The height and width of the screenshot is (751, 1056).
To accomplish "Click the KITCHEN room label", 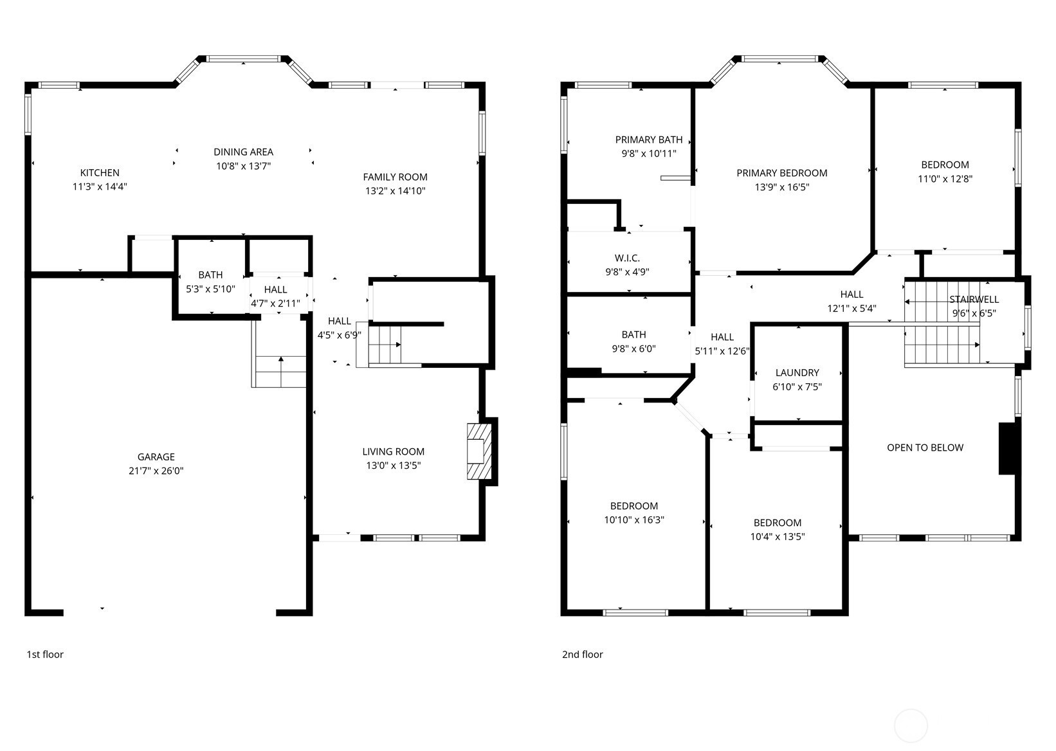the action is (100, 172).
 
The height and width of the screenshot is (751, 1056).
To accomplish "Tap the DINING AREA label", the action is (243, 152).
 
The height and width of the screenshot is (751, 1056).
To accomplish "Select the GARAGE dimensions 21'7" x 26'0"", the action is (156, 471).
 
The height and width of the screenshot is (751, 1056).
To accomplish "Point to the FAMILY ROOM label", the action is (395, 177).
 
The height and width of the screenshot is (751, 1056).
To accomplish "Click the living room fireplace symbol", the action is (479, 451).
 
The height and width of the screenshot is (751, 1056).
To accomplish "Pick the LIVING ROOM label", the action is (393, 451).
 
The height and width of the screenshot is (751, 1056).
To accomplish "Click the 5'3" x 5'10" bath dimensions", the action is (210, 289).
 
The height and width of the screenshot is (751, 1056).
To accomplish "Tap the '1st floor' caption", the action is (45, 655).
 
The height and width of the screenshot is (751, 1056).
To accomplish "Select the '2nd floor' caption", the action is (582, 655).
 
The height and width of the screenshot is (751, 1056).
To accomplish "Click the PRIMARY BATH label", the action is (649, 140).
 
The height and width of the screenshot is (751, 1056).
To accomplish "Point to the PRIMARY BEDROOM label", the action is (781, 173).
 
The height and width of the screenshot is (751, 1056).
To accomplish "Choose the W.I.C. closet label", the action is (627, 258).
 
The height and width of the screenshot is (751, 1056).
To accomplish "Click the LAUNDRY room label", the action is (797, 372).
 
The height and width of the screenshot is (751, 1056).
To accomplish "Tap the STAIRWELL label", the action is (974, 300).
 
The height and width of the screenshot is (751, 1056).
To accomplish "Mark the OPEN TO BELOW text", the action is (925, 448).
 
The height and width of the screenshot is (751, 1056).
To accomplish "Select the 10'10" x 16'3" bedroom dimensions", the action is (634, 520).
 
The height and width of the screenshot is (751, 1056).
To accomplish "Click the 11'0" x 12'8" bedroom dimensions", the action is (945, 179).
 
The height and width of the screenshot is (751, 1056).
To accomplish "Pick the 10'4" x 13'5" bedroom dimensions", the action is (778, 536).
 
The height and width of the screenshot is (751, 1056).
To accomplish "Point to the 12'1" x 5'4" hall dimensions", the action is (851, 309).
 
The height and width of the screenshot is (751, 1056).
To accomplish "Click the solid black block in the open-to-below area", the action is (1007, 448).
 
